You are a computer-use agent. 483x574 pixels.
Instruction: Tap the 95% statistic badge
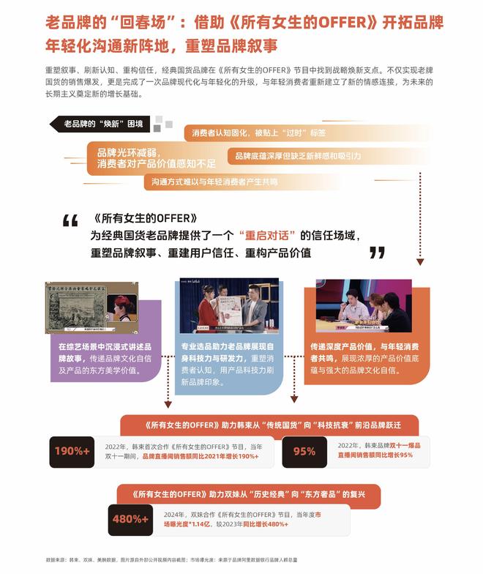pyautogui.click(x=304, y=451)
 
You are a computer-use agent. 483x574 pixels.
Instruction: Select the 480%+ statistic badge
pyautogui.click(x=130, y=519)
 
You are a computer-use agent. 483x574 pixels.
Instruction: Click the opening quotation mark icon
pyautogui.click(x=70, y=221)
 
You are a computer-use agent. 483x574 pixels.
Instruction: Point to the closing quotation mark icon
pyautogui.click(x=377, y=253)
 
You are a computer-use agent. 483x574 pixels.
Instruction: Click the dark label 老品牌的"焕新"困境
pyautogui.click(x=102, y=123)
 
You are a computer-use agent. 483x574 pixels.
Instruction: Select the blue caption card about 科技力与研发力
pyautogui.click(x=229, y=359)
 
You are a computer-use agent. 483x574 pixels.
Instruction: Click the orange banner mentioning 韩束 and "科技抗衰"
pyautogui.click(x=269, y=425)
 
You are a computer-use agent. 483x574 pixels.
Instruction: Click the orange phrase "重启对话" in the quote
pyautogui.click(x=266, y=235)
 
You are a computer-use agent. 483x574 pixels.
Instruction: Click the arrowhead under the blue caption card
pyautogui.click(x=295, y=399)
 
